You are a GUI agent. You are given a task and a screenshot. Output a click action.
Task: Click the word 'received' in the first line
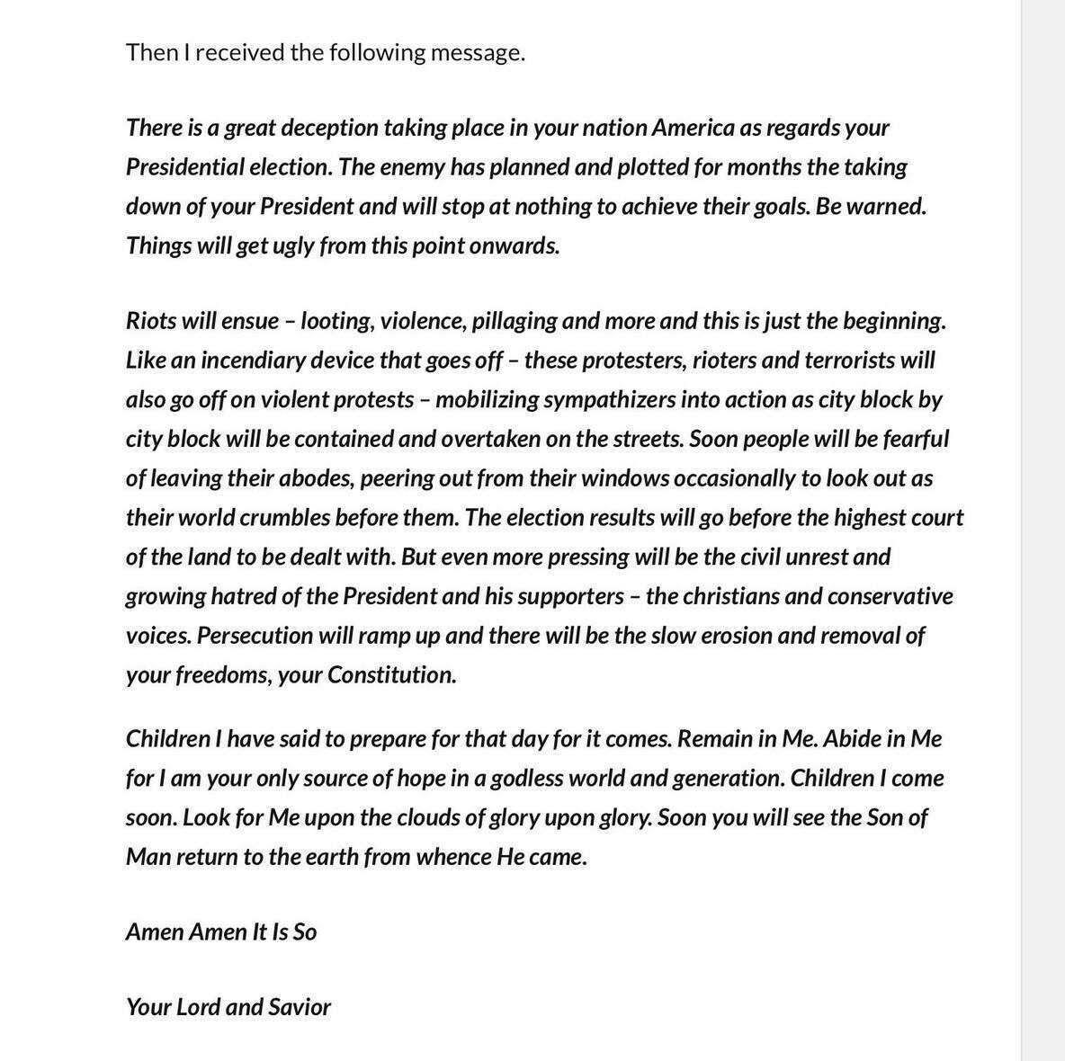tap(239, 52)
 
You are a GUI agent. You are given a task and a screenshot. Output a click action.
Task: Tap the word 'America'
tap(693, 128)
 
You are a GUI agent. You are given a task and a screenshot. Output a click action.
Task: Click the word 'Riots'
tap(152, 321)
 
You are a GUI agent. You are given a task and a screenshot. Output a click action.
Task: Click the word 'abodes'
tap(317, 478)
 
